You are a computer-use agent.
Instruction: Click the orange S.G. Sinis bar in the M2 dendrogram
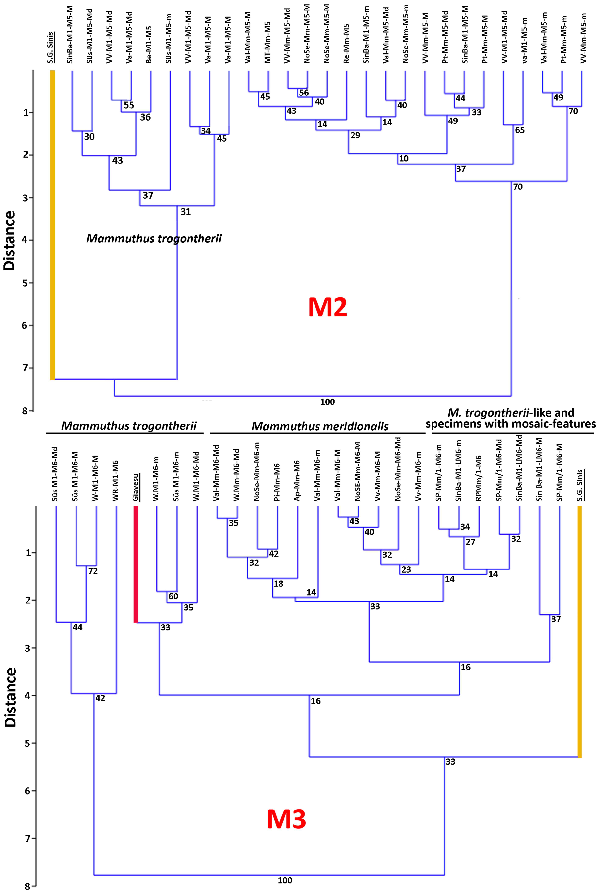52,225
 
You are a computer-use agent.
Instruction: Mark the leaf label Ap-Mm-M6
297,481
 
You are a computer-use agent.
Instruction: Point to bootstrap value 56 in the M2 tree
304,93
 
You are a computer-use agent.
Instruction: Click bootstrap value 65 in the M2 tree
520,130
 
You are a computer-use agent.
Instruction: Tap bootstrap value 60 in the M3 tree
173,596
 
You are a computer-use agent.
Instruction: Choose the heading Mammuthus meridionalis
320,426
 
